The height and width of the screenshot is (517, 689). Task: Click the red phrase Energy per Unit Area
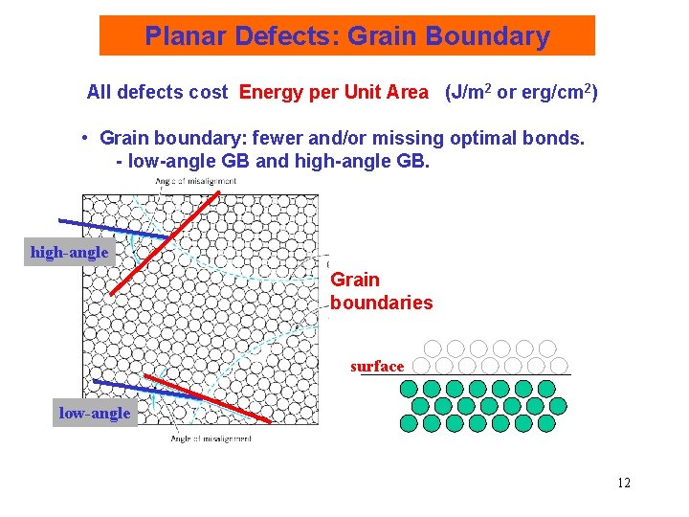333,93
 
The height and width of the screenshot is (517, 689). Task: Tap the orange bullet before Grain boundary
86,138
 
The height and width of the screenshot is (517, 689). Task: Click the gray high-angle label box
70,253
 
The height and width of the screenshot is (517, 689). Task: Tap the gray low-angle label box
95,414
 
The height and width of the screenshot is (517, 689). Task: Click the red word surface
377,367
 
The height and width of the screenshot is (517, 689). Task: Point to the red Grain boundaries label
380,291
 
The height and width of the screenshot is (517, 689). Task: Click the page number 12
623,483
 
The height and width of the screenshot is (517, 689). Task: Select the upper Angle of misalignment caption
195,181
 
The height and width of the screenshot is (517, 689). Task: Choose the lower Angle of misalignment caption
211,438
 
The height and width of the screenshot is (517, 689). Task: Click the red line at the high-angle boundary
163,244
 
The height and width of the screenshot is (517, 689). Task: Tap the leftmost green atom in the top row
410,389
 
